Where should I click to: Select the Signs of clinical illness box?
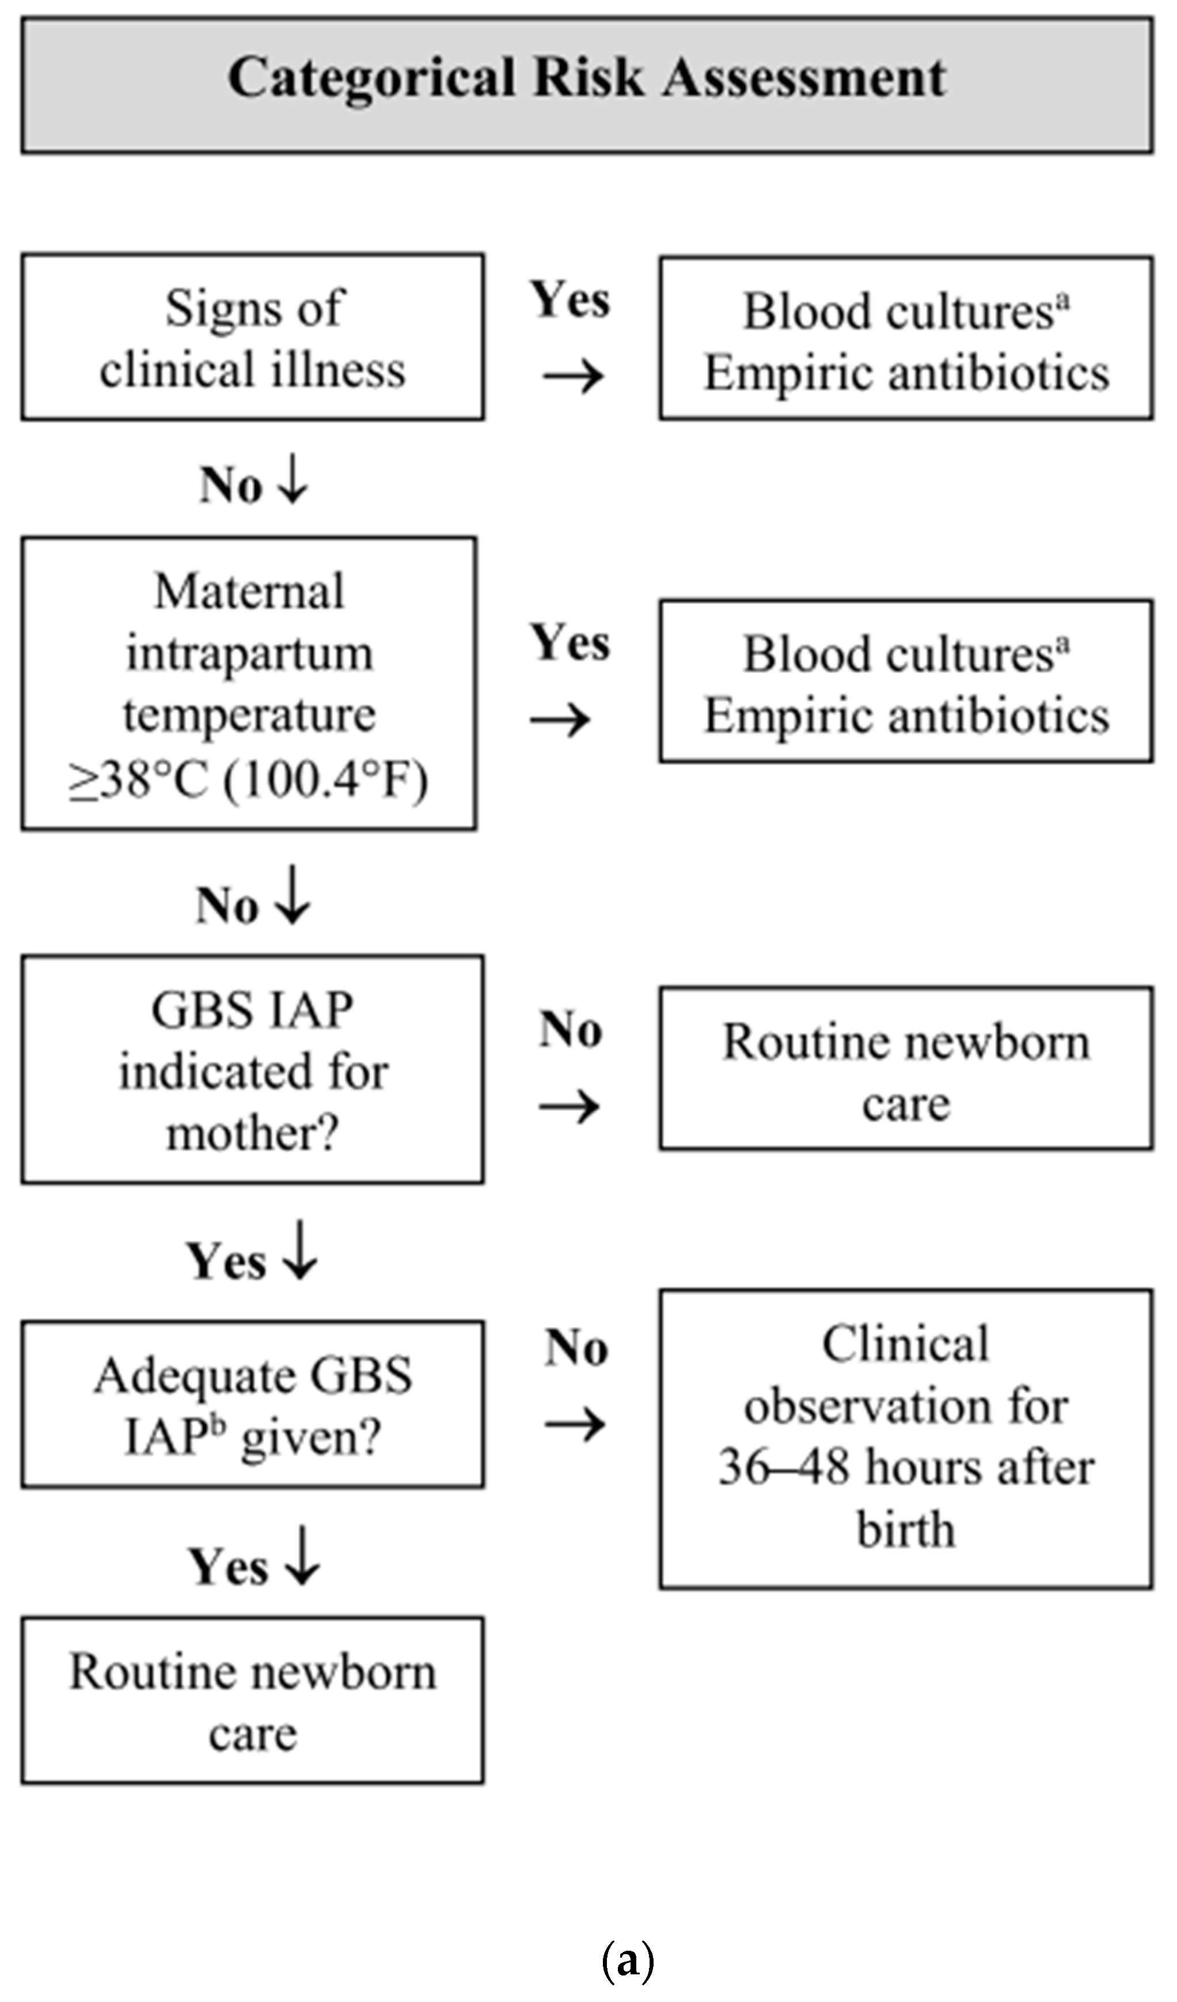(253, 337)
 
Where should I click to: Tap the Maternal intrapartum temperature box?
(249, 684)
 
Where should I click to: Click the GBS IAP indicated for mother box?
(253, 1070)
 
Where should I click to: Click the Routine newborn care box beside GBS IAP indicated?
(905, 1069)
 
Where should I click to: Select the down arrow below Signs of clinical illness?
(293, 482)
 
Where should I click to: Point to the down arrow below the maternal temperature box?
(293, 895)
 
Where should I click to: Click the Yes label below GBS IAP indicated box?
(226, 1262)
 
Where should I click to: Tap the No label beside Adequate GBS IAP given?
(576, 1348)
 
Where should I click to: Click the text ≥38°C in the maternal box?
(139, 781)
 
